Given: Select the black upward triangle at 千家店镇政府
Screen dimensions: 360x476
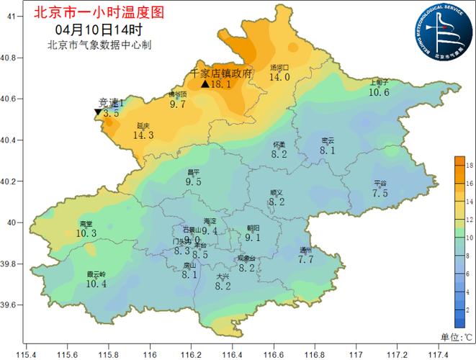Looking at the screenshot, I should click(205, 84).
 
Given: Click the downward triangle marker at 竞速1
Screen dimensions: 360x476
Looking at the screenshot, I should click(98, 113).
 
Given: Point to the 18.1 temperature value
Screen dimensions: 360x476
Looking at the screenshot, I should click(220, 84).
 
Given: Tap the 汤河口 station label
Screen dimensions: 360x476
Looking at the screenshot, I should click(279, 68).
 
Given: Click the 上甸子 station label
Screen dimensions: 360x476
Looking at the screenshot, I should click(379, 82).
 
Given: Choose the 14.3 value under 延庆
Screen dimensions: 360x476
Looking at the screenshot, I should click(144, 135).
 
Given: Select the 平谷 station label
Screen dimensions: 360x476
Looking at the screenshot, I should click(380, 183).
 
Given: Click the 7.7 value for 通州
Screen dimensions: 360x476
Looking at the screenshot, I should click(306, 259).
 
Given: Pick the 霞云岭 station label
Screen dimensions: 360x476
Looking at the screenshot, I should click(96, 274).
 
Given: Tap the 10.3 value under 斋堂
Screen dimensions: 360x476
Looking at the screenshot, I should click(86, 233).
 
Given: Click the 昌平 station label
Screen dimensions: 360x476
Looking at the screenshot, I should click(193, 173).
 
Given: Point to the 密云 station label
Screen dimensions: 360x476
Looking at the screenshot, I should click(327, 140).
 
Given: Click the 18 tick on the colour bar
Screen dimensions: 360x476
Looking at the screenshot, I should click(469, 166).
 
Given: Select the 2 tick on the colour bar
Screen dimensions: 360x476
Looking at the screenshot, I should click(469, 309).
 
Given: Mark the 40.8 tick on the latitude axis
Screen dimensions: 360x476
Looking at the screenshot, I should click(12, 57).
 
